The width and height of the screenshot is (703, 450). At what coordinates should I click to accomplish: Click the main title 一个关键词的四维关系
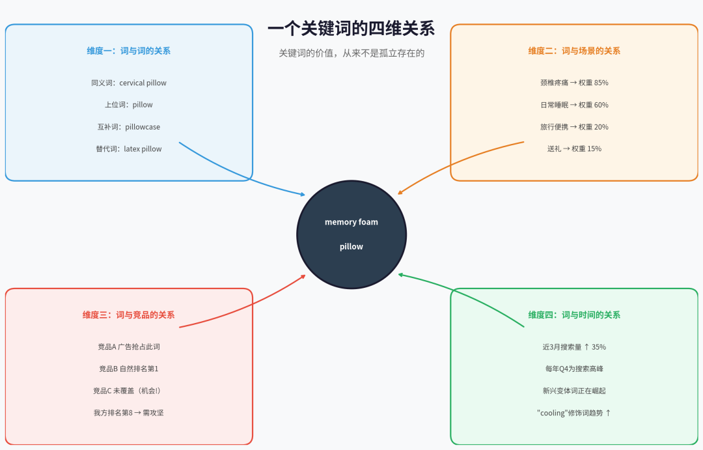(351, 29)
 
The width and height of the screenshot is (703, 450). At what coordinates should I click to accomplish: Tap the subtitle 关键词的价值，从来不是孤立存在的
(351, 53)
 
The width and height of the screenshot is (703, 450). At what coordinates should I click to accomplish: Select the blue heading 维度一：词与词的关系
(129, 51)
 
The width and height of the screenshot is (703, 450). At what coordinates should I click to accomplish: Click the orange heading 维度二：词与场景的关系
(574, 51)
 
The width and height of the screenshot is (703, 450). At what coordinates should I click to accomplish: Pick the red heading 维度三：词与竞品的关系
(129, 315)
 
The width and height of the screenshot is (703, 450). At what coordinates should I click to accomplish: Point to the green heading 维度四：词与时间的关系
(574, 315)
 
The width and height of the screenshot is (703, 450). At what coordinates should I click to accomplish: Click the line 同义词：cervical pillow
(129, 83)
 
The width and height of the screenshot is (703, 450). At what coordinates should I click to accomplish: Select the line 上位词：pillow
(129, 105)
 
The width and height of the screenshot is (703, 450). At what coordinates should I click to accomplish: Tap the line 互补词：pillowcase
(129, 127)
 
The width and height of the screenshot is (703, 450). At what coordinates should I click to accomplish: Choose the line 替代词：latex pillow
(129, 149)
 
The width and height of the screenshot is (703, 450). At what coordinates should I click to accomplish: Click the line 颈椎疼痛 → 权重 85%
(574, 83)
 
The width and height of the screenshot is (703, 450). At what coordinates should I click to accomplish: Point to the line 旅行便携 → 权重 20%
(574, 127)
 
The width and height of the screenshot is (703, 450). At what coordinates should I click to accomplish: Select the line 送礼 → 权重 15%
(574, 149)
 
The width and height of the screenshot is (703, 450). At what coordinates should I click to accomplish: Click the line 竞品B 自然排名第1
(129, 369)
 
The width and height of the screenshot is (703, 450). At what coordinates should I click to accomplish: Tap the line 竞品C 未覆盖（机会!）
(129, 391)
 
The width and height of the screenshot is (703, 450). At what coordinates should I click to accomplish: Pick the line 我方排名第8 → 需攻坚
(129, 413)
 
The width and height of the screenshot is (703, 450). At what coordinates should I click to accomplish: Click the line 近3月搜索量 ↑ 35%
(574, 347)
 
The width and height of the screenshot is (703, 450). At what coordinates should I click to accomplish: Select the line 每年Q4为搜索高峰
(574, 369)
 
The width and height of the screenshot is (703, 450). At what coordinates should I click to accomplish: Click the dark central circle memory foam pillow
(351, 234)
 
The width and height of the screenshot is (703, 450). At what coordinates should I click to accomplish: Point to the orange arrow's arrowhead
(400, 193)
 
